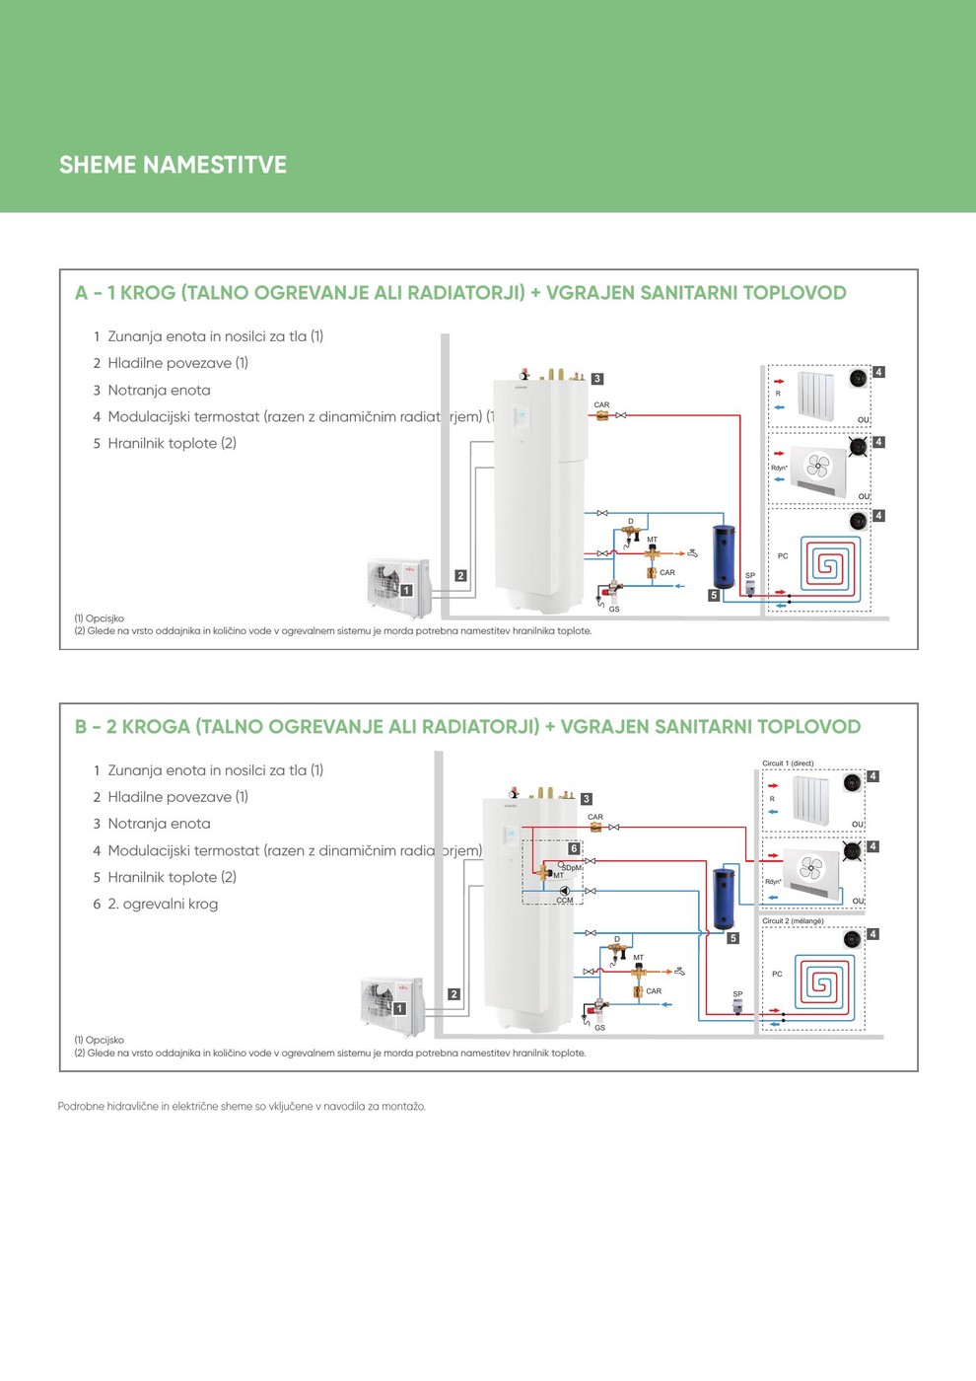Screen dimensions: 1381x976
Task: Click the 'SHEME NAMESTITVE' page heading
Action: [x=173, y=165]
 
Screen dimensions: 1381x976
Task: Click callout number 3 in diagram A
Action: [x=596, y=379]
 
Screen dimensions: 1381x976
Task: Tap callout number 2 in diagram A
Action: [x=460, y=576]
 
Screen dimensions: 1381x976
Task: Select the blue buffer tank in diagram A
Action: [x=725, y=557]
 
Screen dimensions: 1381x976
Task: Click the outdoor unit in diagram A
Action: [x=398, y=584]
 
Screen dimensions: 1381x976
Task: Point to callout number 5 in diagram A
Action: [x=714, y=596]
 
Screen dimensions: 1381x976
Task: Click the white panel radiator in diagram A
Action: [x=816, y=395]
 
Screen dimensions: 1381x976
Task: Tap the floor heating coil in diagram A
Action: [x=827, y=565]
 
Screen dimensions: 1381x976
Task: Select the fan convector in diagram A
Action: [x=818, y=469]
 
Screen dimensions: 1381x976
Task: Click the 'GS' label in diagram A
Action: [x=614, y=610]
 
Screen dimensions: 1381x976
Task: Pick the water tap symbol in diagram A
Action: [x=693, y=553]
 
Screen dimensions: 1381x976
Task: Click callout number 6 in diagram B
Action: [x=574, y=848]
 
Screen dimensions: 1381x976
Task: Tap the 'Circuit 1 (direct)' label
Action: [x=788, y=763]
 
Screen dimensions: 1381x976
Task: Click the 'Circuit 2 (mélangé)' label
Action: [x=793, y=921]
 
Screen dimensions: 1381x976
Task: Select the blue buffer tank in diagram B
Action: [x=725, y=898]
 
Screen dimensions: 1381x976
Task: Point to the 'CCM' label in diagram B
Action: [x=565, y=901]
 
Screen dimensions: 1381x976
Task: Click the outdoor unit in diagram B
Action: [x=392, y=1002]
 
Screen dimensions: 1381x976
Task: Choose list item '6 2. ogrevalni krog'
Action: [x=156, y=904]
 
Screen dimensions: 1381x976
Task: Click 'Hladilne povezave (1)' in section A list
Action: [x=177, y=363]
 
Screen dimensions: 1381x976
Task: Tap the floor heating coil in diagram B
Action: [x=821, y=981]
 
